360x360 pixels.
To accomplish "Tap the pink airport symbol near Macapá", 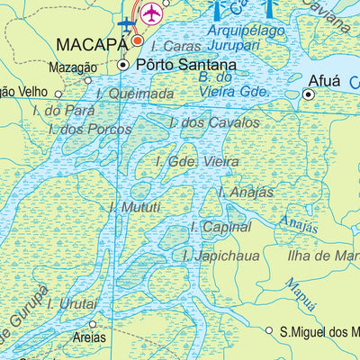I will [x=152, y=13].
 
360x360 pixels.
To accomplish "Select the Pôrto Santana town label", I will [x=185, y=66].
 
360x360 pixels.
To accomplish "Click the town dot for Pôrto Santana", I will [x=123, y=66].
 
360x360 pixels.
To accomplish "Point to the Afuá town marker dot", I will [x=307, y=94].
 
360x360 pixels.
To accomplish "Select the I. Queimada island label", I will [x=134, y=93].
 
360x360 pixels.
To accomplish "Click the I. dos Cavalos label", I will [x=214, y=121].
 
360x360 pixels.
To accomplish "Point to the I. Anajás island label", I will [x=246, y=192].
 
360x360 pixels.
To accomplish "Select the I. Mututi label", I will [x=134, y=207].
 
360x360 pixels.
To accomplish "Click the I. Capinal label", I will [x=220, y=228].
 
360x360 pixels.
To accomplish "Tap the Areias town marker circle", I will [x=92, y=324].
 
